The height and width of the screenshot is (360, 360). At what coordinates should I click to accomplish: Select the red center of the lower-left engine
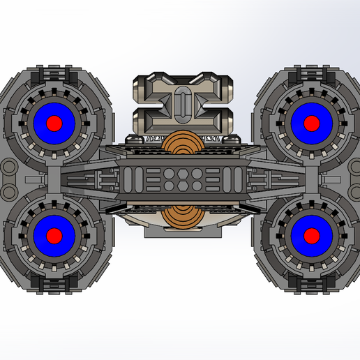(54, 233)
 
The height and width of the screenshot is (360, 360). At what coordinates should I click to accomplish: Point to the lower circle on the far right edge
(354, 188)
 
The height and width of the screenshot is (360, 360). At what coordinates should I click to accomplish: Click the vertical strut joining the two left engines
(54, 178)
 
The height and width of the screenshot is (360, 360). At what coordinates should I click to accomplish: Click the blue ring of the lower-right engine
(323, 233)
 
